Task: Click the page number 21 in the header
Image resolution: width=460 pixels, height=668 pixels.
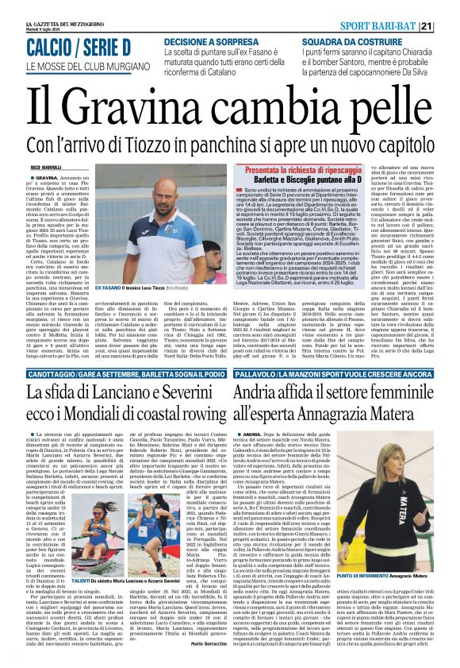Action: pos(447,26)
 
